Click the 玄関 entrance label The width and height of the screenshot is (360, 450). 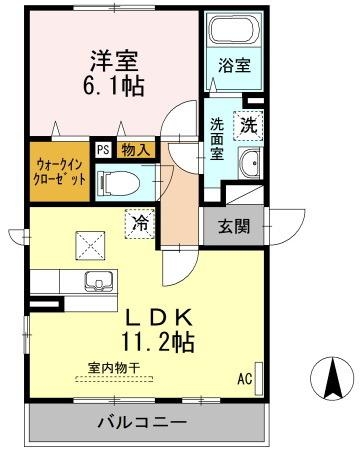234,225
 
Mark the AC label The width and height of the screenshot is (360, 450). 244,380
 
